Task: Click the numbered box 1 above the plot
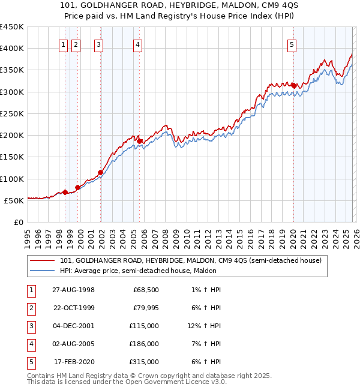pos(63,44)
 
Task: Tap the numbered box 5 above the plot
pos(292,44)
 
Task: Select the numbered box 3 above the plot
pos(98,44)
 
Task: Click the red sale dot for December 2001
pos(100,173)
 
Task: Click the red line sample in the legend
pos(43,260)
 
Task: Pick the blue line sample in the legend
pos(43,271)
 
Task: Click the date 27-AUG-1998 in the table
pos(74,290)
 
